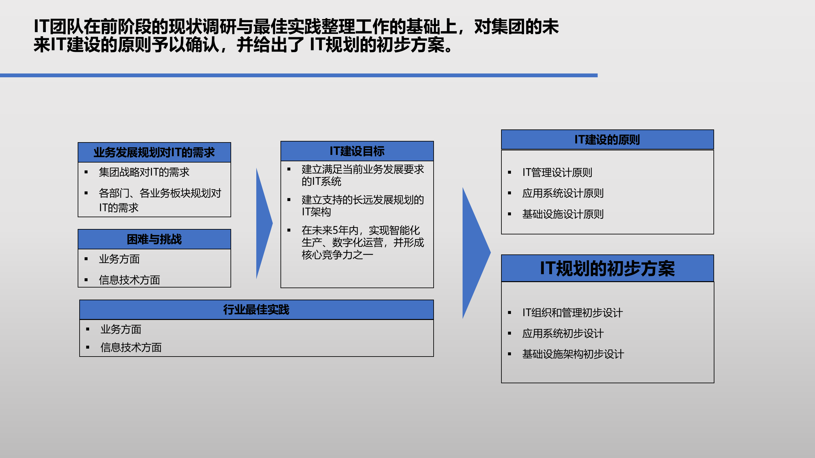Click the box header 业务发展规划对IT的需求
pos(154,153)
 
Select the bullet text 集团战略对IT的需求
pos(144,172)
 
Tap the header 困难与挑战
pos(154,239)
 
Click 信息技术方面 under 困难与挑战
pos(129,280)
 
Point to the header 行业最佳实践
pos(256,310)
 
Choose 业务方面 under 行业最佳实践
pos(121,330)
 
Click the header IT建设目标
pos(357,151)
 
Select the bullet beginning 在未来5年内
pos(363,242)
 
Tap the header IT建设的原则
pos(607,140)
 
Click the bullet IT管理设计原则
pos(557,173)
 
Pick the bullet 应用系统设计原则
pos(563,193)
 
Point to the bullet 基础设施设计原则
pos(563,214)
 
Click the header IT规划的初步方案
pos(607,268)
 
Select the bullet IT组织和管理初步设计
pos(572,313)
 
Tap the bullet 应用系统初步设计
pos(563,334)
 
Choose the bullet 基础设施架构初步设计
pos(573,354)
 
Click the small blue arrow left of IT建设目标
pos(263,224)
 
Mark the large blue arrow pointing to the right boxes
pos(474,253)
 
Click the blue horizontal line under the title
pos(299,75)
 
